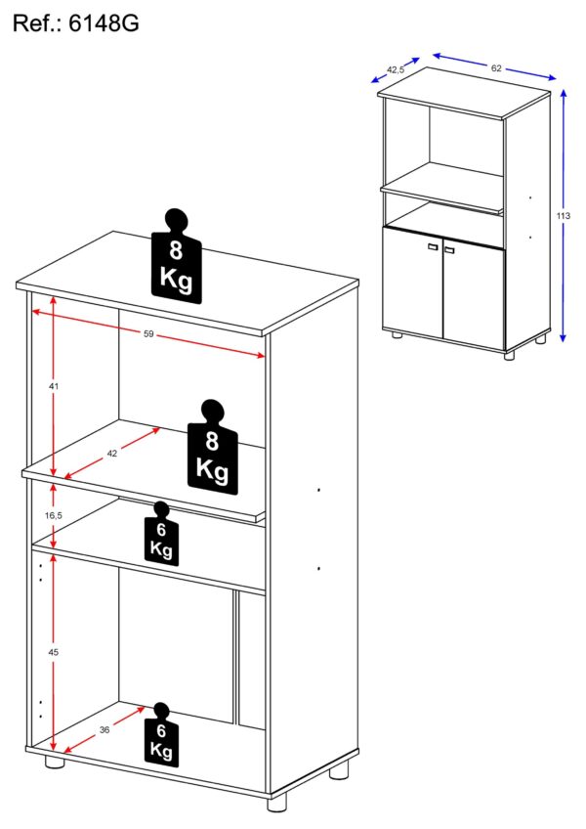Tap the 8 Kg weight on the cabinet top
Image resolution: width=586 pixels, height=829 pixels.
tap(177, 257)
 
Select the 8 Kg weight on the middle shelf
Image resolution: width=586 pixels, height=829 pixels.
tap(212, 448)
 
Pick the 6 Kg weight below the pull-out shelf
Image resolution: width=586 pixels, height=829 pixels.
tap(161, 534)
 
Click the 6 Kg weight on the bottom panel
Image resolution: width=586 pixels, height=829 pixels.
tap(161, 735)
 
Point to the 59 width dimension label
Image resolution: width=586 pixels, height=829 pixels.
tap(148, 333)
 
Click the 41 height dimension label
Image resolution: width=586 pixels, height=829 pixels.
tap(54, 386)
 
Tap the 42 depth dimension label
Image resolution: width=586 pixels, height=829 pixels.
tap(112, 453)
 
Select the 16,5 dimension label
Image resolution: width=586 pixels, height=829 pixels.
tap(54, 515)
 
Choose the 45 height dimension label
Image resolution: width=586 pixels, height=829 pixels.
tap(54, 652)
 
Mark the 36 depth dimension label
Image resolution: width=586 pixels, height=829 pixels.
tap(105, 730)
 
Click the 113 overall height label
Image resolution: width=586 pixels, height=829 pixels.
tap(564, 216)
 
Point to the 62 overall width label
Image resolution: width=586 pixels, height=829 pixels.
tap(496, 68)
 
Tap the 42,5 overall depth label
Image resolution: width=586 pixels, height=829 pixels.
tap(396, 69)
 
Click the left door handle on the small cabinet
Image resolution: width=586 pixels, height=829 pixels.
tap(434, 247)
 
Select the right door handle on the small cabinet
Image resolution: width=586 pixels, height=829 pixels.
tap(449, 249)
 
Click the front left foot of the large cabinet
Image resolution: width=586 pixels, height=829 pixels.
tap(55, 762)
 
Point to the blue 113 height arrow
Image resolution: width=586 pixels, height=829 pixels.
tap(564, 216)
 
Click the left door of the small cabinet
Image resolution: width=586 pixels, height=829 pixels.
tap(413, 282)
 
